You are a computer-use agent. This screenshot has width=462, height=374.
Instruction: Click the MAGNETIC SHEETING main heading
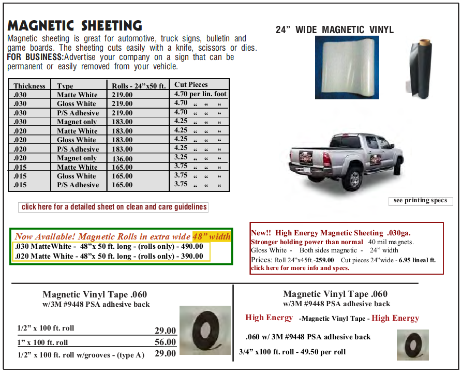coord(75,25)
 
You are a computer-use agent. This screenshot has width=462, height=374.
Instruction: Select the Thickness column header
coord(29,86)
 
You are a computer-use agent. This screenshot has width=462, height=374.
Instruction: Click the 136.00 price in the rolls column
coord(122,159)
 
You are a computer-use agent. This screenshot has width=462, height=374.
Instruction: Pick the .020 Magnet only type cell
coord(77,158)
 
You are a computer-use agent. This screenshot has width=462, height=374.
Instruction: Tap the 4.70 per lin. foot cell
coord(201,94)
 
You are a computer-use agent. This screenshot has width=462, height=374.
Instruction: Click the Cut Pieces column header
coord(191,84)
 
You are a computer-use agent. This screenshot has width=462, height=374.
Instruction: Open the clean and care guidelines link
coord(114,207)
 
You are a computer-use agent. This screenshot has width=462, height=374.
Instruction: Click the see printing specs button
coord(420,201)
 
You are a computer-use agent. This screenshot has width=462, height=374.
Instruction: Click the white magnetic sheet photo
coord(347,67)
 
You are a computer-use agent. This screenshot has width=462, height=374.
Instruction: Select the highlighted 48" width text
coord(212,237)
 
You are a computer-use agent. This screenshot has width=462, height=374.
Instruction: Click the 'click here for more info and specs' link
coord(300,268)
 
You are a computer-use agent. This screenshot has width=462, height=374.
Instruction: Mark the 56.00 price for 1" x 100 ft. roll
coord(166,342)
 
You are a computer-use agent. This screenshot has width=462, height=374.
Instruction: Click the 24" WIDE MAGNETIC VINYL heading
coord(334,30)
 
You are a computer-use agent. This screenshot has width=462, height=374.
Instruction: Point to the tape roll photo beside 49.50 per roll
coord(412,345)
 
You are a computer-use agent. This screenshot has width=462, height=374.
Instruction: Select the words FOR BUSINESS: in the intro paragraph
coord(35,57)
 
